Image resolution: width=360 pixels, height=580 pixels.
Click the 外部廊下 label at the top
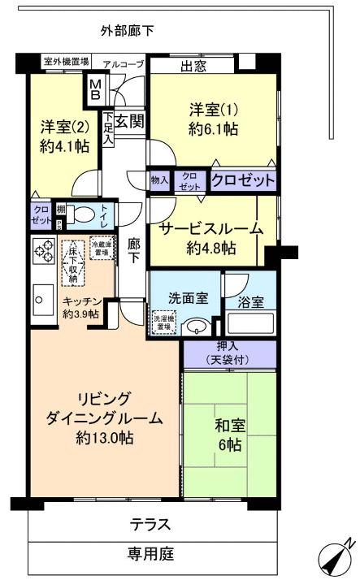128,32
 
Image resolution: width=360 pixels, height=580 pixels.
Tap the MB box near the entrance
96,89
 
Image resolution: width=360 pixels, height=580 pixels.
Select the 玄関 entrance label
128,123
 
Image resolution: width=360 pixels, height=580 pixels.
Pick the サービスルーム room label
210,228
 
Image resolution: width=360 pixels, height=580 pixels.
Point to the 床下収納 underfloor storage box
73,262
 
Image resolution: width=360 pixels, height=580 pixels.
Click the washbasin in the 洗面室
194,327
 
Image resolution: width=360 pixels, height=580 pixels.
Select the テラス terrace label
150,524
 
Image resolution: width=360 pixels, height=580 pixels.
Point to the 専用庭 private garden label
150,555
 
